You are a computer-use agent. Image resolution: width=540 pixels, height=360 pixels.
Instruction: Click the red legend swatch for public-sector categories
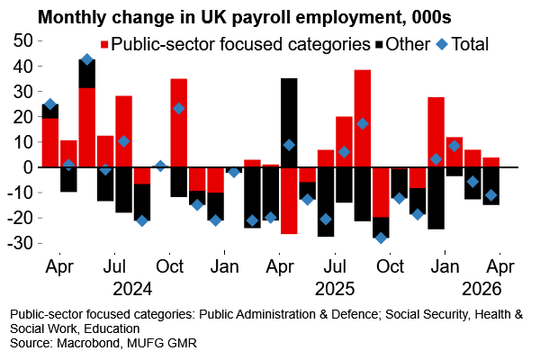coord(105,43)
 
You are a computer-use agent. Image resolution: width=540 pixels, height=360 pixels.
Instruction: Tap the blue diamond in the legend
coord(442,43)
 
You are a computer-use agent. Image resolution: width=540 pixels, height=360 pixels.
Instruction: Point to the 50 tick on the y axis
coord(23,41)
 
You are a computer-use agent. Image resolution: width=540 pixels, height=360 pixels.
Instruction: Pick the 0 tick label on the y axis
coord(28,167)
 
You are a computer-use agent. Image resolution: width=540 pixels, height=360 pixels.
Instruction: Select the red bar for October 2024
coord(178,122)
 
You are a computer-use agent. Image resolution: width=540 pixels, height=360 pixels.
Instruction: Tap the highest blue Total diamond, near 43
coord(87,59)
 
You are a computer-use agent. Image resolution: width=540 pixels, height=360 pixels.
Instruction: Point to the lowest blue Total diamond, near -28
coord(381,238)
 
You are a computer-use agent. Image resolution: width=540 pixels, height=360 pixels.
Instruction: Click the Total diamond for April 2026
coord(490,195)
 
